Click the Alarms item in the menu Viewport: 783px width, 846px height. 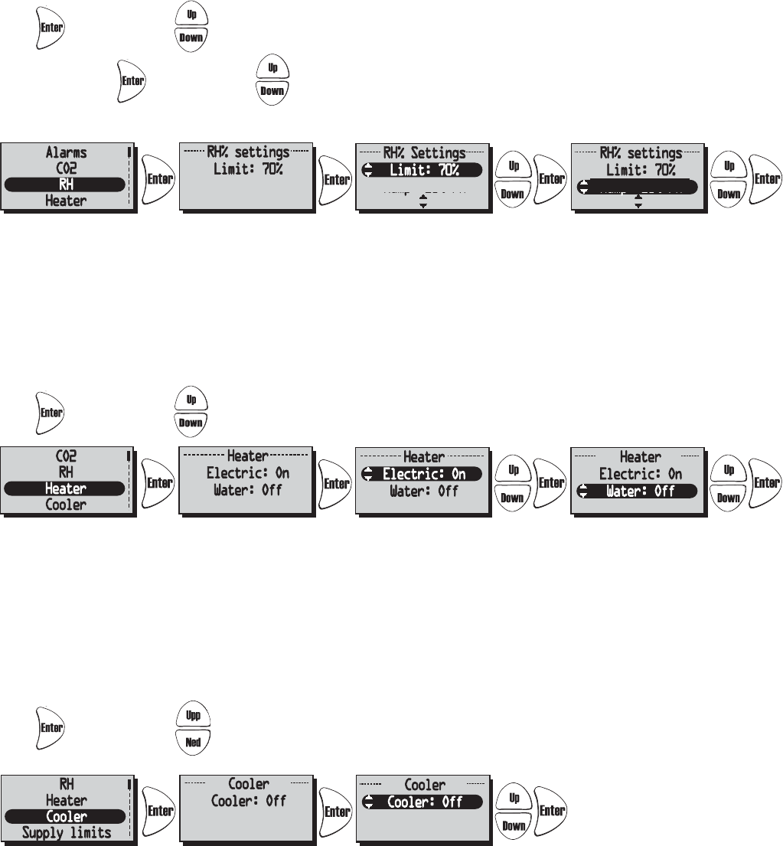[x=66, y=152]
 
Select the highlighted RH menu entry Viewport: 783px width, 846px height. [x=66, y=185]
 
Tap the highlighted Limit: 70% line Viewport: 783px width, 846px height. [x=423, y=169]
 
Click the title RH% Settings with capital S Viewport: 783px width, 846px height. [x=423, y=153]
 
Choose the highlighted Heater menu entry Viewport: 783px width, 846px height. [x=66, y=488]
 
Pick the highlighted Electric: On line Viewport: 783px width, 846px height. [x=423, y=474]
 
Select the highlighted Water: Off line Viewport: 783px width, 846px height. [x=638, y=491]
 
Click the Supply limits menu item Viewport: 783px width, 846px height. [x=66, y=832]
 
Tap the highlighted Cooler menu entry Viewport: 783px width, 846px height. [x=66, y=816]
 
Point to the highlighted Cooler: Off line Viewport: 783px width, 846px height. [x=423, y=802]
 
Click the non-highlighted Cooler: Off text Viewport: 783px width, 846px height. [x=247, y=802]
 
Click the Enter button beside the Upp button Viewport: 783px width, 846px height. [x=51, y=728]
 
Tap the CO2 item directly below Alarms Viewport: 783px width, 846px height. [x=66, y=168]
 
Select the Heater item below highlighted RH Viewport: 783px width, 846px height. [x=66, y=201]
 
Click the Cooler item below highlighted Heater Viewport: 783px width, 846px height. [x=66, y=505]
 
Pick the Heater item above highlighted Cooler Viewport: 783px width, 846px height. [x=66, y=800]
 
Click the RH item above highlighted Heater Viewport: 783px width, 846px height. [x=66, y=472]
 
